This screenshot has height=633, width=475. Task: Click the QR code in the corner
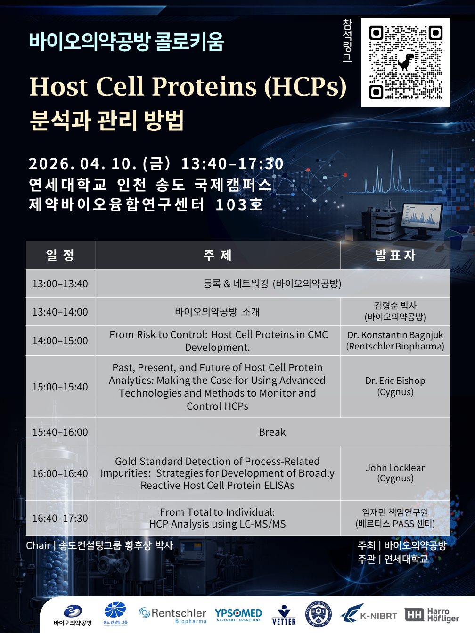click(x=406, y=62)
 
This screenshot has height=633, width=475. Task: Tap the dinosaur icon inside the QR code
click(x=406, y=62)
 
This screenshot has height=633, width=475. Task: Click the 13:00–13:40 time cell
click(x=60, y=284)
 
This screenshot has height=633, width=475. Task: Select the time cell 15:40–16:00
click(x=60, y=432)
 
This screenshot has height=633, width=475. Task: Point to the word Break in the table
click(x=272, y=432)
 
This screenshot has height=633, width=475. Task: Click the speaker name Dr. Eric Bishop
click(x=395, y=381)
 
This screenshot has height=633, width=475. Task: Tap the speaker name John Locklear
click(x=395, y=468)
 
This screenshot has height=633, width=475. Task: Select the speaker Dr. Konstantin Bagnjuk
click(x=395, y=335)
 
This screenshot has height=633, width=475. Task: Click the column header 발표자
click(x=395, y=255)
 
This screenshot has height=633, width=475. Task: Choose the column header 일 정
click(x=60, y=255)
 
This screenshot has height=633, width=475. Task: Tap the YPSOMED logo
click(x=238, y=615)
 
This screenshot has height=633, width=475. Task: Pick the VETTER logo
click(x=284, y=616)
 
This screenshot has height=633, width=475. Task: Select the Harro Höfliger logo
click(x=432, y=615)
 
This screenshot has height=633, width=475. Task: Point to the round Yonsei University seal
click(x=319, y=614)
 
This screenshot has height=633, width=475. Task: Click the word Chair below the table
click(x=38, y=545)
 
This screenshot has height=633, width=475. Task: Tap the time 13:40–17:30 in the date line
click(x=232, y=163)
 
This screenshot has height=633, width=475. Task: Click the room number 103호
click(x=239, y=205)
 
